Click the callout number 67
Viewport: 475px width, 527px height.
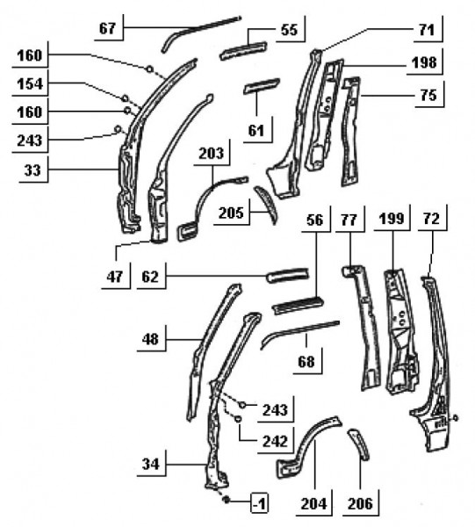click(x=107, y=28)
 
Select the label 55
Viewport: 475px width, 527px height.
click(x=289, y=30)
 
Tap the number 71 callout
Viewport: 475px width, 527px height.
click(x=427, y=30)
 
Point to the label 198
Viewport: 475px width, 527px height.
click(x=424, y=62)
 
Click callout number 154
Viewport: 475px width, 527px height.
click(x=30, y=83)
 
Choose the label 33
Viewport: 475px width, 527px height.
click(x=32, y=170)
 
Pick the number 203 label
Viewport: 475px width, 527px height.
click(x=212, y=153)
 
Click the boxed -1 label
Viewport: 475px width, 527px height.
click(x=260, y=503)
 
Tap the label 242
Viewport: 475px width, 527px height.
click(x=275, y=441)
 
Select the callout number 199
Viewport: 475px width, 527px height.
click(x=392, y=219)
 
